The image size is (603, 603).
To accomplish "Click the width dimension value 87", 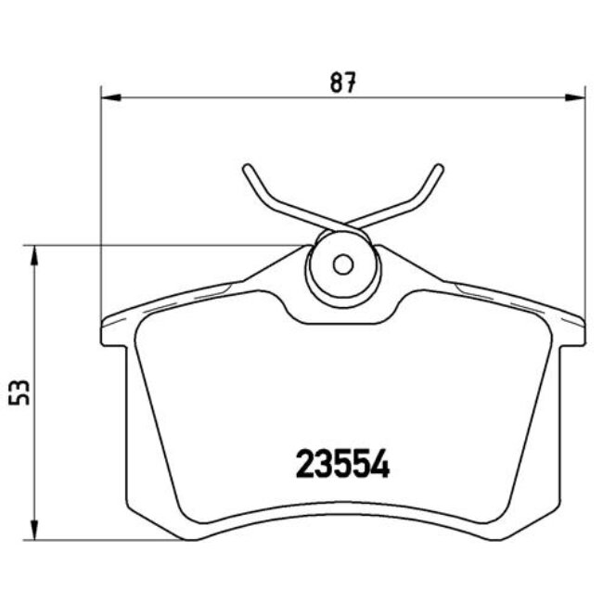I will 342,83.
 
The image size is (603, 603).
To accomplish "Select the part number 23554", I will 342,463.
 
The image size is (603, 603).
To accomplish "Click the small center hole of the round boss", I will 342,265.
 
